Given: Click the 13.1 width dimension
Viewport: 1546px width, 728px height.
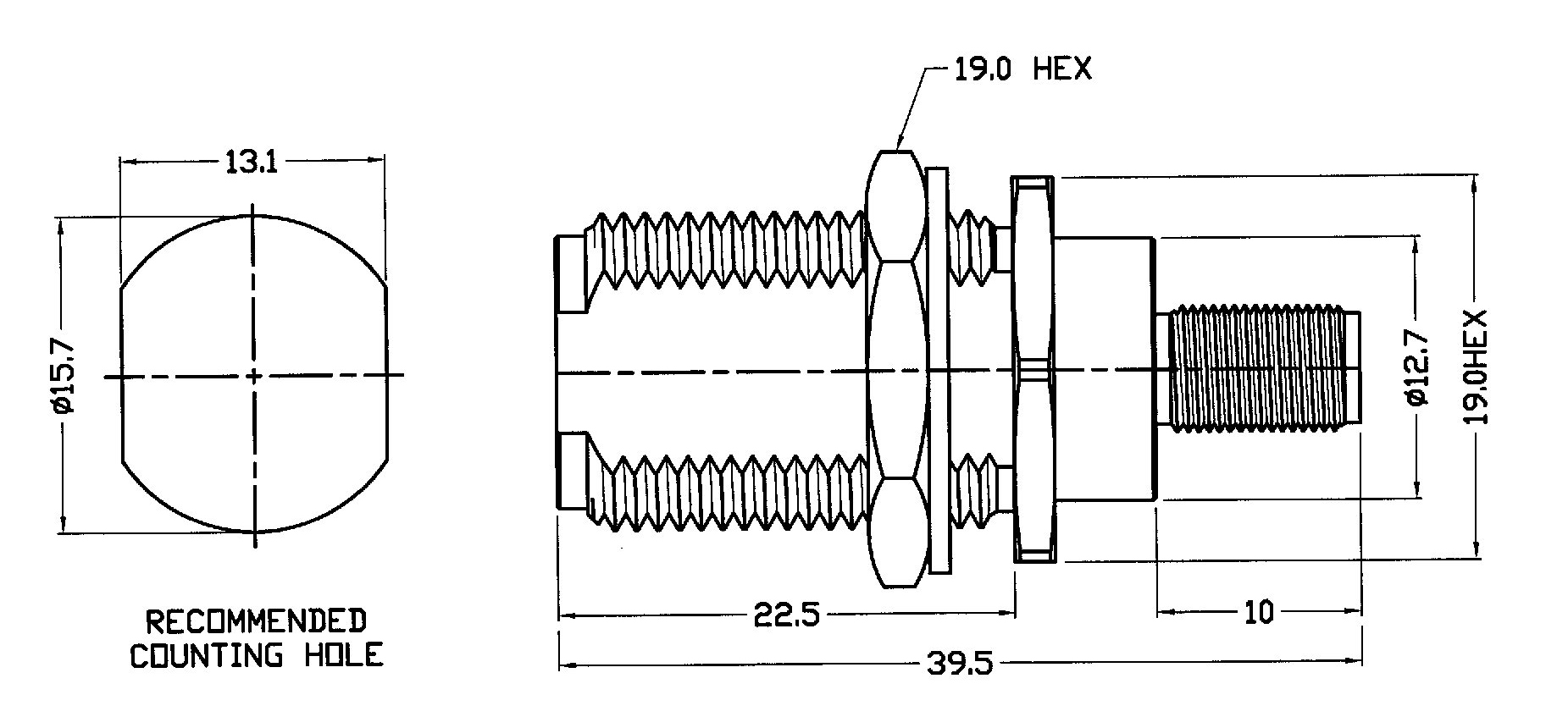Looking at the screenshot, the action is [x=252, y=162].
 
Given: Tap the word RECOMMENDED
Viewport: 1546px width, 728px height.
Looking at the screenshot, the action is [x=256, y=621].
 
